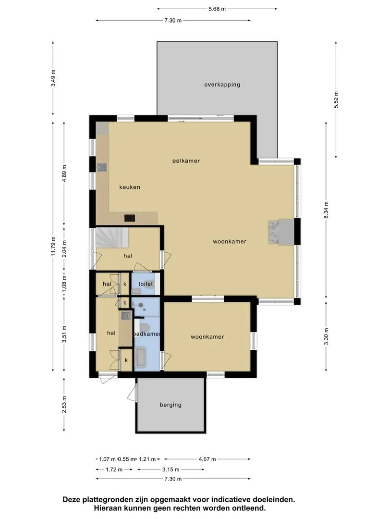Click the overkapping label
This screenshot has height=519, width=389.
(x=222, y=85)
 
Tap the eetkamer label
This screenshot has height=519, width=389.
(x=186, y=161)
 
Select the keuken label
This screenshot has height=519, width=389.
(x=130, y=187)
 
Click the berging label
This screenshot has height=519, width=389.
(x=170, y=405)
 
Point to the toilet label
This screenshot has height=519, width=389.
(x=146, y=284)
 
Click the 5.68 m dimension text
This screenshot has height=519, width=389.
(x=217, y=9)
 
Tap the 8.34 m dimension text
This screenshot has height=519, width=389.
(x=326, y=210)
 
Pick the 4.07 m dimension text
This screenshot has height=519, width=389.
(x=207, y=459)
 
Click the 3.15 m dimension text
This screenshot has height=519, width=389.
(x=170, y=470)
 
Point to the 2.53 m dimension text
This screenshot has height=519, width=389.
(x=64, y=405)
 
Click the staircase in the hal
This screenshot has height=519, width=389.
(x=112, y=237)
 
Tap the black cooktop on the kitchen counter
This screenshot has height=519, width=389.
(x=130, y=218)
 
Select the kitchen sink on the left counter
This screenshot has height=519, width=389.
(x=101, y=168)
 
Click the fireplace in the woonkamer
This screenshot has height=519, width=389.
(x=280, y=232)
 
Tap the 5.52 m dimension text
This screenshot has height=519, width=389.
(x=336, y=99)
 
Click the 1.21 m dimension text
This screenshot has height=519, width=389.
(x=147, y=459)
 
